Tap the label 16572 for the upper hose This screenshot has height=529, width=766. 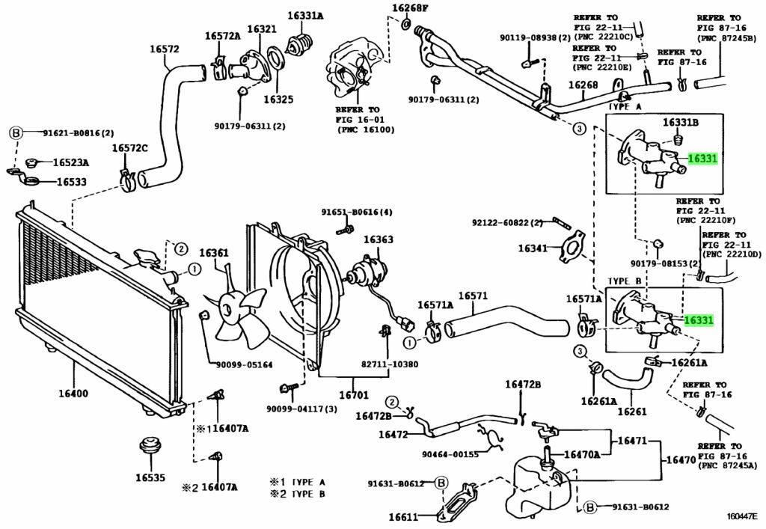click(164, 50)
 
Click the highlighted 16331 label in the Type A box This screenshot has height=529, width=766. click(701, 159)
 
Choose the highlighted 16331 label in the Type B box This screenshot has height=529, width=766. click(699, 320)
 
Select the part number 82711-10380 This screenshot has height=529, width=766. click(389, 364)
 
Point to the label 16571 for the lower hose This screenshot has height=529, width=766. click(472, 296)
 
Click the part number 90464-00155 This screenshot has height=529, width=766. click(449, 453)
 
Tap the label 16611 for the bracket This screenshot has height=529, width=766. click(403, 516)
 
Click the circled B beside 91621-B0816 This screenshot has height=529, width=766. click(15, 133)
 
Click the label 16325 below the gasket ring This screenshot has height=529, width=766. click(278, 99)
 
